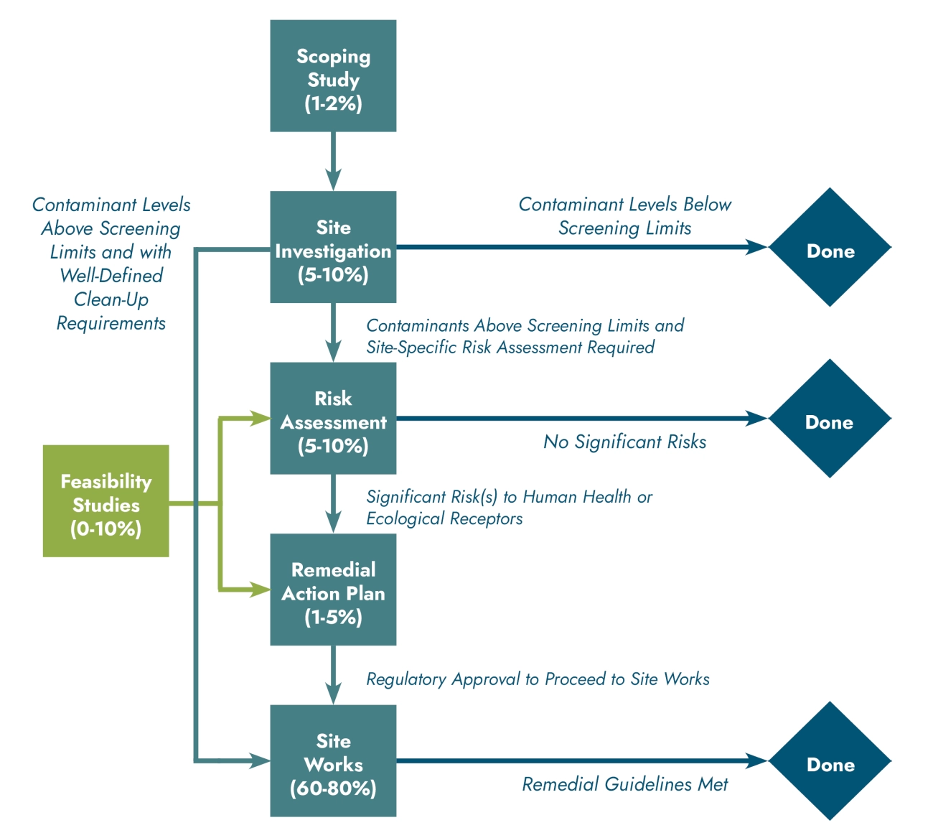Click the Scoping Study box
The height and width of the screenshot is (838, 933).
click(x=333, y=76)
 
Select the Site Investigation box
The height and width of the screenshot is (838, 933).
click(x=333, y=247)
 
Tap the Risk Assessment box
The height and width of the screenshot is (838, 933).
click(x=333, y=418)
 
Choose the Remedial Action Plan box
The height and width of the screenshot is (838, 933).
click(x=333, y=590)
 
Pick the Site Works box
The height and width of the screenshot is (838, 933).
click(x=333, y=760)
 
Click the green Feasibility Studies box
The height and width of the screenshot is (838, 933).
click(x=106, y=501)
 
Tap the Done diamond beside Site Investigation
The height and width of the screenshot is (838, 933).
click(x=830, y=248)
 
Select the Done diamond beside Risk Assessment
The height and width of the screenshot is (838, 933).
click(x=830, y=419)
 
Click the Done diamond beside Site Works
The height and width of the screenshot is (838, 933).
click(x=830, y=761)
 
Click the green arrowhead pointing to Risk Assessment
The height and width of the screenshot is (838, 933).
click(x=260, y=418)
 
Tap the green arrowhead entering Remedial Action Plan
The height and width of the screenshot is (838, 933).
click(x=260, y=590)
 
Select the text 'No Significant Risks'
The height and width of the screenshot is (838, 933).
click(x=624, y=442)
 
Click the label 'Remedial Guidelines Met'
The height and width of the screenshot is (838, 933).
click(x=624, y=784)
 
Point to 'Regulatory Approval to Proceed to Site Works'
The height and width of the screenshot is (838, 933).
click(x=538, y=679)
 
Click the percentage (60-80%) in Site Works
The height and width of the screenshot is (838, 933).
click(x=333, y=788)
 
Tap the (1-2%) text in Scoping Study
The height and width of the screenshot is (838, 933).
click(x=333, y=103)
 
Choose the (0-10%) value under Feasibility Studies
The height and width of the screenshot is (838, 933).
click(x=106, y=529)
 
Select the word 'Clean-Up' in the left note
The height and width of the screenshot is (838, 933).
click(x=111, y=299)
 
